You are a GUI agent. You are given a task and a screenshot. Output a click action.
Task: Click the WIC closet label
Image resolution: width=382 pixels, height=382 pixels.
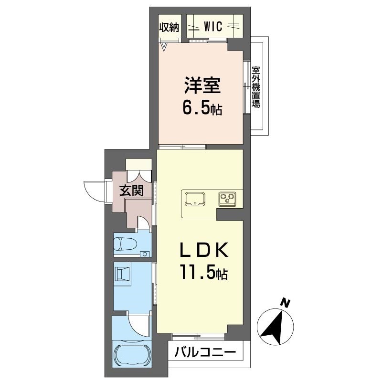coord(213,26)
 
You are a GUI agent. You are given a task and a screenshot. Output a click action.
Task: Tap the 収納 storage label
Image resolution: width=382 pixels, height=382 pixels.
coord(169,28)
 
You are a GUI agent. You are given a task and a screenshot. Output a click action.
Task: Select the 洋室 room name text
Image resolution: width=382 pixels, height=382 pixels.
coord(202,85)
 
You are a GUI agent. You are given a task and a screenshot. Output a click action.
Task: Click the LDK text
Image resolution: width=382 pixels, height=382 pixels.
coord(204,250)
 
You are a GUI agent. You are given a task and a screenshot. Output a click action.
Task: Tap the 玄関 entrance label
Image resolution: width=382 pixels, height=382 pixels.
coord(131,191)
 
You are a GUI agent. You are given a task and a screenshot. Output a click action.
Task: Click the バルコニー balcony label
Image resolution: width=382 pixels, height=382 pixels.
coord(205,352)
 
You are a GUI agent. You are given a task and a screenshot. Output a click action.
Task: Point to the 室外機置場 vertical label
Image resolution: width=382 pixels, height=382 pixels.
coord(256,87)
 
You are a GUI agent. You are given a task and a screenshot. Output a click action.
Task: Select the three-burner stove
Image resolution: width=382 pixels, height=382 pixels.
coord(227,199)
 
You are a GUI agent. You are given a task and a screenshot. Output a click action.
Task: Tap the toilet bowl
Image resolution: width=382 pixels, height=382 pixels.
coord(125,244)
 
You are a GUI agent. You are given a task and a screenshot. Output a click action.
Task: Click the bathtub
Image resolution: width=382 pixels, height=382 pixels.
coord(132,354)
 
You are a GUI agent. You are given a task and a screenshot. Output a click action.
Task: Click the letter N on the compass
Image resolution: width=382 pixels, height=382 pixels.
coord(285,303)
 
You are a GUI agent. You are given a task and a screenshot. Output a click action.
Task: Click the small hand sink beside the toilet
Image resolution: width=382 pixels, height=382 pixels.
coord(145,254)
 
